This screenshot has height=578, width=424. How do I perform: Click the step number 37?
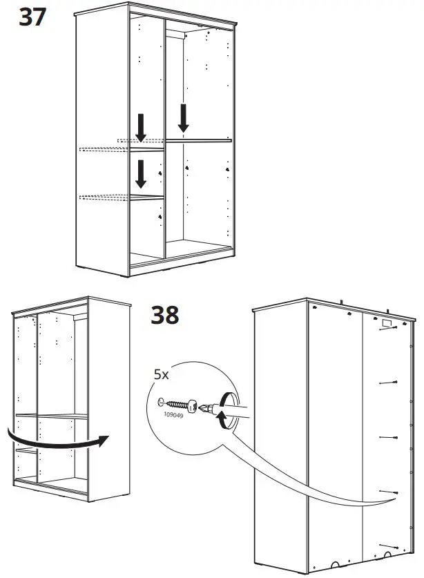(32, 17)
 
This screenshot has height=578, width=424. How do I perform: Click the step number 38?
(165, 315)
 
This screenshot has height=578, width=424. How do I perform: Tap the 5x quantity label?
(160, 376)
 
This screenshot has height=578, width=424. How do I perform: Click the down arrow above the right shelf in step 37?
(183, 117)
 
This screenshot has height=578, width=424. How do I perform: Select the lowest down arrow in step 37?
(141, 173)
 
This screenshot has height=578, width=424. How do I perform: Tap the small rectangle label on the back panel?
(385, 322)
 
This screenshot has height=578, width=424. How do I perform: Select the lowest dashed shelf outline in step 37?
(104, 198)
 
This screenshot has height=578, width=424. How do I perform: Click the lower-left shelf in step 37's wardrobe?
(146, 198)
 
